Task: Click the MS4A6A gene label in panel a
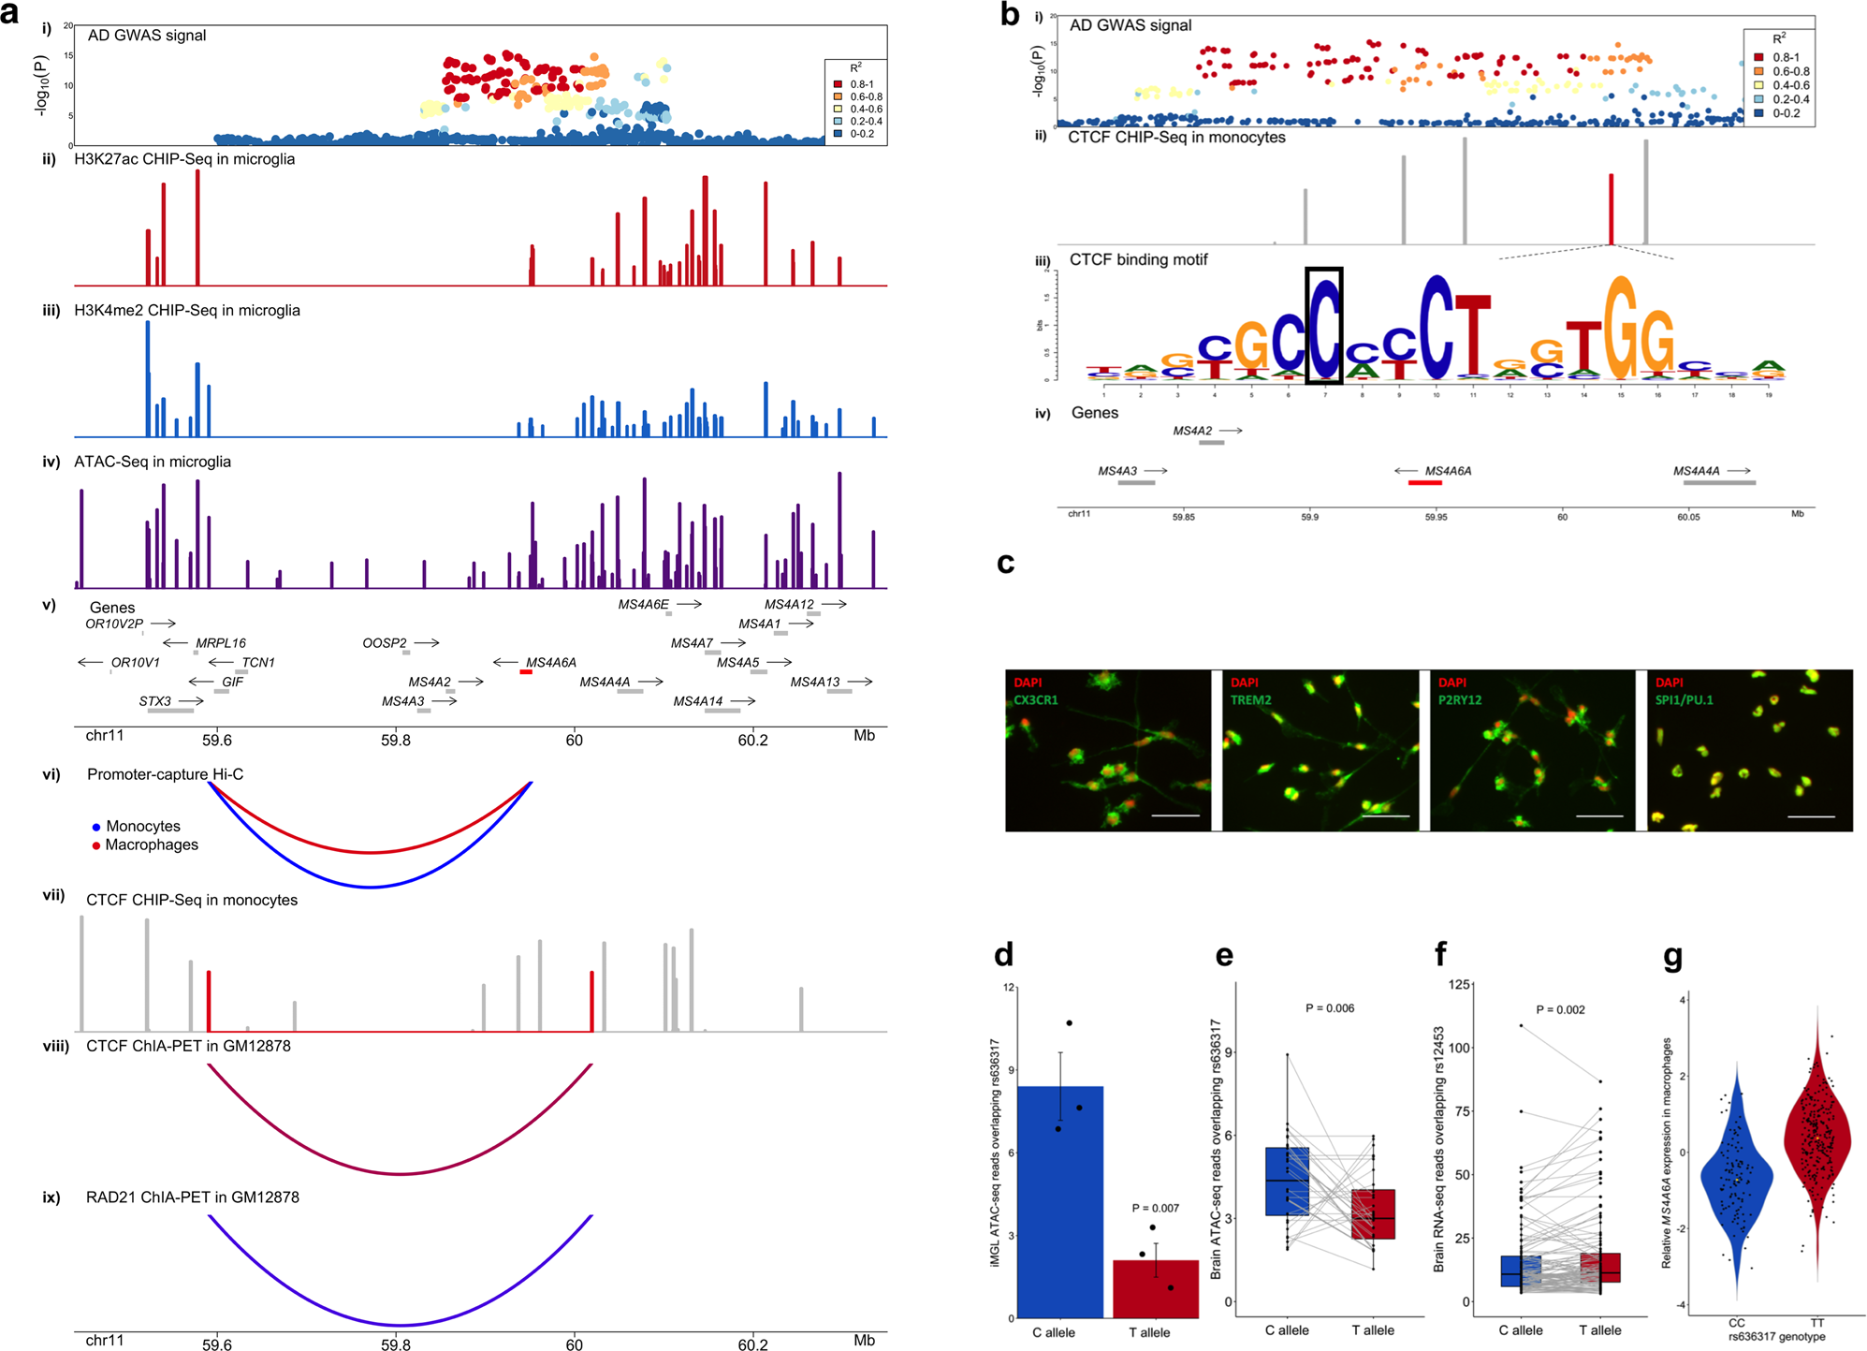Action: click(x=550, y=662)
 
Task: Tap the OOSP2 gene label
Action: click(x=385, y=643)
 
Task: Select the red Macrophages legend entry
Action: click(x=151, y=844)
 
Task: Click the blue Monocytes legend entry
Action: click(x=142, y=826)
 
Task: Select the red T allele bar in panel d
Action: click(x=1155, y=1288)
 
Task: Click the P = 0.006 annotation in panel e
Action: click(x=1329, y=1008)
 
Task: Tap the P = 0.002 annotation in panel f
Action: click(x=1560, y=1009)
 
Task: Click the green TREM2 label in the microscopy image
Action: click(x=1250, y=699)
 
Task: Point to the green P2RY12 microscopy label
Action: click(x=1460, y=699)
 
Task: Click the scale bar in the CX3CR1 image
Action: click(x=1175, y=815)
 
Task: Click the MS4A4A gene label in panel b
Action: click(x=1696, y=471)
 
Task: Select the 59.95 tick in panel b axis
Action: click(x=1436, y=517)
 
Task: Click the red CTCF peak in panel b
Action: click(x=1611, y=208)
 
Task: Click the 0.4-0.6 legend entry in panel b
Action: click(x=1790, y=85)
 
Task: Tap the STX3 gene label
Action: click(x=155, y=701)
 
